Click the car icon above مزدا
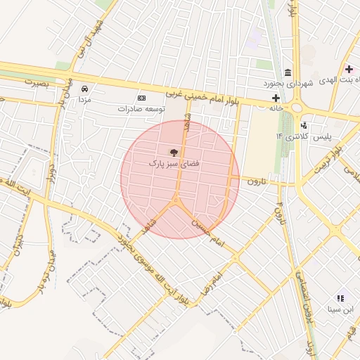pos(84,89)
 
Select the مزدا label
pos(84,100)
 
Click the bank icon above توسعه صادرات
pos(141,98)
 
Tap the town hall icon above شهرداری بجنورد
pos(288,73)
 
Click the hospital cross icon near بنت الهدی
pos(349,69)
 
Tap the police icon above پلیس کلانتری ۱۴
pos(304,124)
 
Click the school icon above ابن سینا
pos(341,298)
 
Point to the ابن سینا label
pos(341,309)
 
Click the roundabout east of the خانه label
pos(296,108)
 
